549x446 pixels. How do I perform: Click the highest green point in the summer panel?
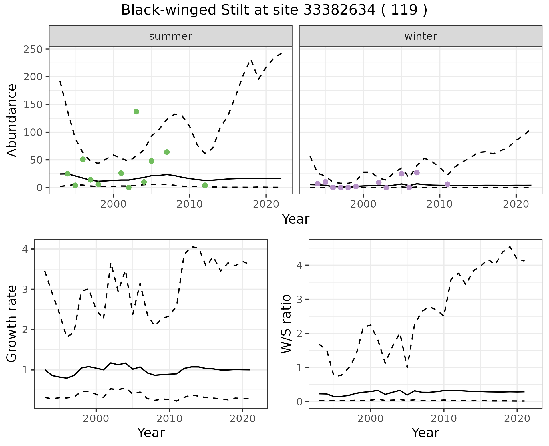136,111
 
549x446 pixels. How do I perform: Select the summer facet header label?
171,36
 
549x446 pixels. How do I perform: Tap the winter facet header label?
421,36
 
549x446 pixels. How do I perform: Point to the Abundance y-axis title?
12,120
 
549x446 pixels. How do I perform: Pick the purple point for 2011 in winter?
447,184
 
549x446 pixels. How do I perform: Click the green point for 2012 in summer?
205,185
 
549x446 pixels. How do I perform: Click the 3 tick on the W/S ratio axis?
299,299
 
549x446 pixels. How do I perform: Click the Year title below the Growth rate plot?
151,433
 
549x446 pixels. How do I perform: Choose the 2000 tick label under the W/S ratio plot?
370,419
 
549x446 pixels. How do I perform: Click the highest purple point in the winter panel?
417,172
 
